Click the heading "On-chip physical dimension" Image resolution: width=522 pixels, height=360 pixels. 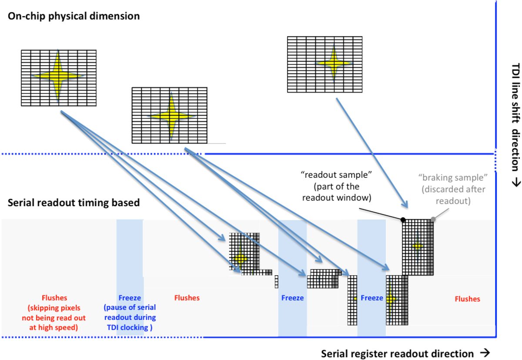73,17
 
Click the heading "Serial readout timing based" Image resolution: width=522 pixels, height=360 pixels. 74,203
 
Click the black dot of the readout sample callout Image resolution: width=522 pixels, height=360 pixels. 403,220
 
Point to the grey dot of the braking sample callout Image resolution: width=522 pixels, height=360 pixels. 433,219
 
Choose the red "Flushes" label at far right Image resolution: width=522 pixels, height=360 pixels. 467,299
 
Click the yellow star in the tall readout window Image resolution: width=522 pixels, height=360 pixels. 418,246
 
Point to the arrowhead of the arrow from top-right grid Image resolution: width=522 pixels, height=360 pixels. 405,206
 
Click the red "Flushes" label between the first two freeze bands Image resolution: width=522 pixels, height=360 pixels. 187,298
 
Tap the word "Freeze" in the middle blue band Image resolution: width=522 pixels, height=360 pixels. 292,298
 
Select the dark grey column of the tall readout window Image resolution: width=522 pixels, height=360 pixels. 431,247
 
